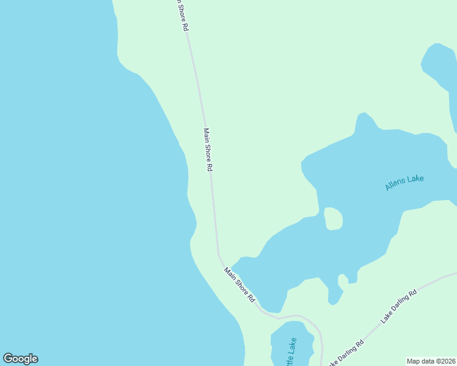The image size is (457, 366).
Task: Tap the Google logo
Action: pyautogui.click(x=20, y=359)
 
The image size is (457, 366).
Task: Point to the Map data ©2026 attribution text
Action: pyautogui.click(x=431, y=361)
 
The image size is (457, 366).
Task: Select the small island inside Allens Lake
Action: pyautogui.click(x=332, y=219)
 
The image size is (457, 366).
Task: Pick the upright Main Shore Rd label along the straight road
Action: pyautogui.click(x=208, y=149)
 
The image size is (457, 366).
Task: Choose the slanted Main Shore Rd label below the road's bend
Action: pyautogui.click(x=239, y=285)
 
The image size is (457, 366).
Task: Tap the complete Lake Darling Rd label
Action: pyautogui.click(x=398, y=305)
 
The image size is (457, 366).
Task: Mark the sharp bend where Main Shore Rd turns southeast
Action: pyautogui.click(x=218, y=254)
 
